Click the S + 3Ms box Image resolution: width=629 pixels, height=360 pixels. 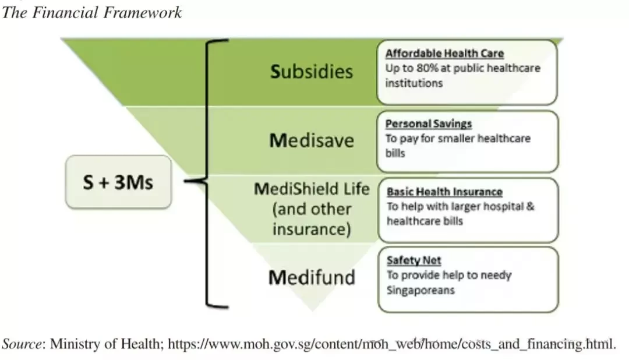pyautogui.click(x=118, y=182)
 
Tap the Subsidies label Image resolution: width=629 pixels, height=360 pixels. pyautogui.click(x=312, y=72)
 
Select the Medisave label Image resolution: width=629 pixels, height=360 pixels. pyautogui.click(x=312, y=140)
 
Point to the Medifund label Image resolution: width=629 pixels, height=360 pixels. pyautogui.click(x=312, y=277)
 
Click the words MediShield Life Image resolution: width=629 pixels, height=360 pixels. pyautogui.click(x=312, y=189)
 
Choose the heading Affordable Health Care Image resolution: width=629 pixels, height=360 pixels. pyautogui.click(x=444, y=54)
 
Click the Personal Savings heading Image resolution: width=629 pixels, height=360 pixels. pyautogui.click(x=429, y=123)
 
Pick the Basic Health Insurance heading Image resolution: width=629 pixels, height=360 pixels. pyautogui.click(x=444, y=192)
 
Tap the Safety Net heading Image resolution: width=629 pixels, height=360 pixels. pyautogui.click(x=414, y=260)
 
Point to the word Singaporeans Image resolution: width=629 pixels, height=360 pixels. pyautogui.click(x=420, y=290)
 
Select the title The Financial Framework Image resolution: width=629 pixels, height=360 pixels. pyautogui.click(x=92, y=12)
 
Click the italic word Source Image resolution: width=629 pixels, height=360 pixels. pyautogui.click(x=22, y=344)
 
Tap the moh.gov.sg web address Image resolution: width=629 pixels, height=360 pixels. pyautogui.click(x=391, y=344)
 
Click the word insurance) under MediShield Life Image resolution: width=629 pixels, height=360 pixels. pyautogui.click(x=312, y=229)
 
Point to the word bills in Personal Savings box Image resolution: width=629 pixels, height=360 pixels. pyautogui.click(x=395, y=153)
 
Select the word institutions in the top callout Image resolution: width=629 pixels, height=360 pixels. pyautogui.click(x=414, y=83)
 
